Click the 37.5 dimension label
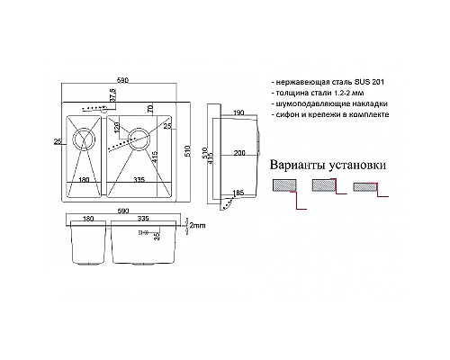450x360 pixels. (x=113, y=95)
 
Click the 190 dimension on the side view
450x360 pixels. (x=237, y=113)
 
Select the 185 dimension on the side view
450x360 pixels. (x=237, y=193)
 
